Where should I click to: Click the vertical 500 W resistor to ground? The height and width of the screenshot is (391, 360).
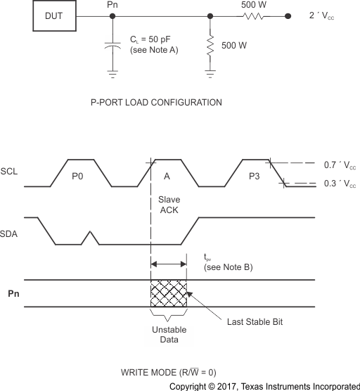coord(210,46)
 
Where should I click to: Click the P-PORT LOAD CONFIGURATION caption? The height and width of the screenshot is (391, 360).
coord(156,103)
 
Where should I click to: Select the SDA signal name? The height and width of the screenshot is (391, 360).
coord(9,231)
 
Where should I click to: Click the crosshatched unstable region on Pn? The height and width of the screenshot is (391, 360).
coord(169,293)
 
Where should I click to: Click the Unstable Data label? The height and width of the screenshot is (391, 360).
coord(169,334)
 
